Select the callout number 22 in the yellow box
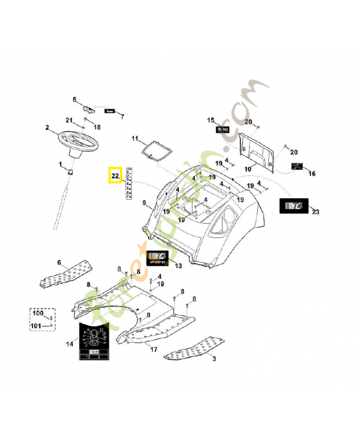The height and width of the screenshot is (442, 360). pyautogui.click(x=115, y=176)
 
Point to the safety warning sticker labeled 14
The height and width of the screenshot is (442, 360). pyautogui.click(x=94, y=342)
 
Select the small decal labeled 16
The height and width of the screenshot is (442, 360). pyautogui.click(x=297, y=166)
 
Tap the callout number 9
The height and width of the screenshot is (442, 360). pyautogui.click(x=144, y=204)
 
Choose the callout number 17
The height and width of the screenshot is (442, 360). pyautogui.click(x=153, y=349)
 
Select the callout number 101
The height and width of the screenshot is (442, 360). pyautogui.click(x=37, y=326)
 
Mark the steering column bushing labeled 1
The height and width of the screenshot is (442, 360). pyautogui.click(x=71, y=172)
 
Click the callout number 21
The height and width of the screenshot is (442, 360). pyautogui.click(x=69, y=120)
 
